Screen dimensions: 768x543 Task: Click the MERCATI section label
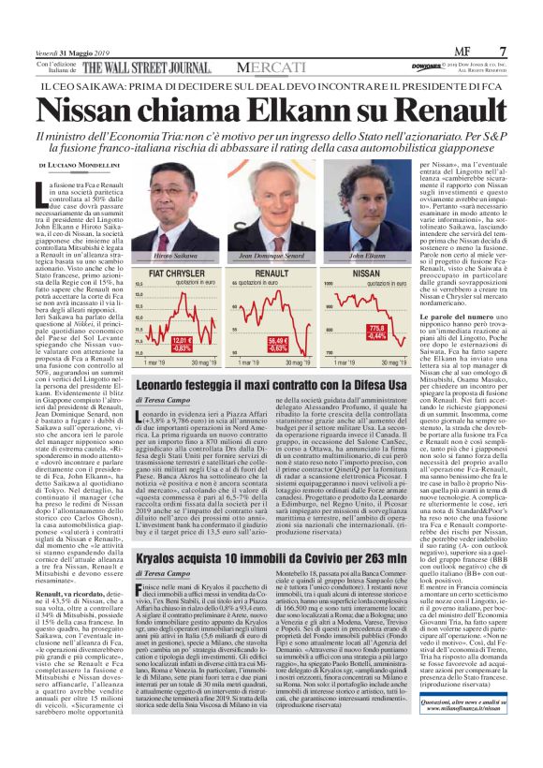(271, 67)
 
